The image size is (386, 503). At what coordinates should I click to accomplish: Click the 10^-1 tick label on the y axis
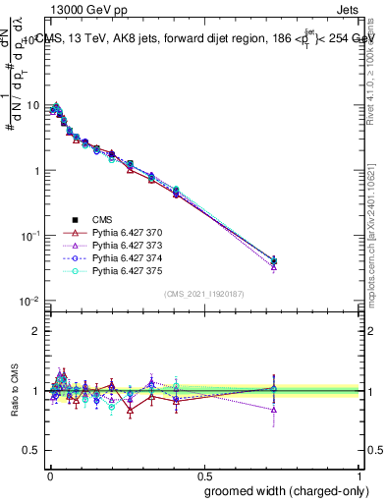(29, 236)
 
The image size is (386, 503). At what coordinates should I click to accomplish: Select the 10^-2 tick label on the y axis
(29, 301)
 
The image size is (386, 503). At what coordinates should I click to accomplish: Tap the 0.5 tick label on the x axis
(203, 473)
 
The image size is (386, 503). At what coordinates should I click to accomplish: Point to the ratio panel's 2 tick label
(37, 331)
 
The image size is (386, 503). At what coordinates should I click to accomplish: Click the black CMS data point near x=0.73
(274, 261)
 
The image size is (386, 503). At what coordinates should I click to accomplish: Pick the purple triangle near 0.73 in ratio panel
(274, 410)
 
